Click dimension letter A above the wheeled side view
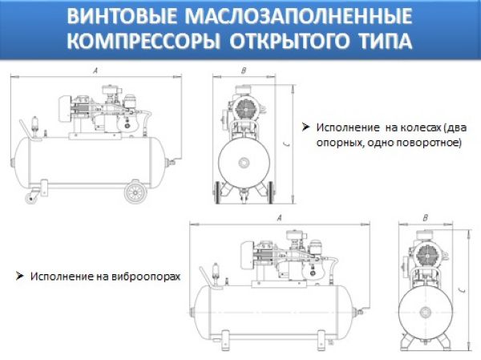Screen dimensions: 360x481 95,71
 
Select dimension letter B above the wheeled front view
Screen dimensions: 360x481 243,71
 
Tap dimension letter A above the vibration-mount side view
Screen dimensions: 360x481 277,217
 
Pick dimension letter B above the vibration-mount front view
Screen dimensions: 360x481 425,218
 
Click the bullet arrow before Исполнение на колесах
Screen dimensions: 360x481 305,127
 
